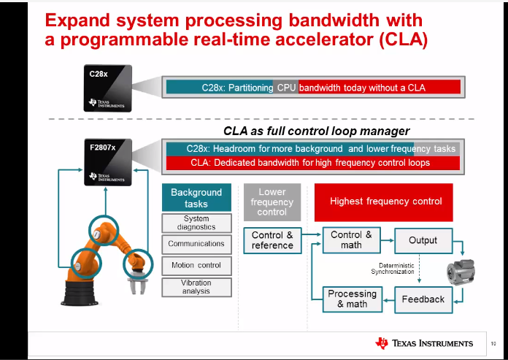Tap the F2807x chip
(x=107, y=163)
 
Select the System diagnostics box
(x=196, y=223)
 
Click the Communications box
(x=196, y=244)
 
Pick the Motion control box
(x=196, y=265)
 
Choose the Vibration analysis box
(x=196, y=287)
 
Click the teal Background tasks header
(x=196, y=198)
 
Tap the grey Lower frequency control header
(x=272, y=202)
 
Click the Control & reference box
(x=272, y=240)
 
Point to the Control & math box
(x=351, y=240)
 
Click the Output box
(x=423, y=240)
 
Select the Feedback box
(x=423, y=299)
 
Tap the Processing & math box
(x=352, y=299)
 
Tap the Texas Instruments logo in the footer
(x=424, y=342)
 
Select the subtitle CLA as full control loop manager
(x=316, y=131)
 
